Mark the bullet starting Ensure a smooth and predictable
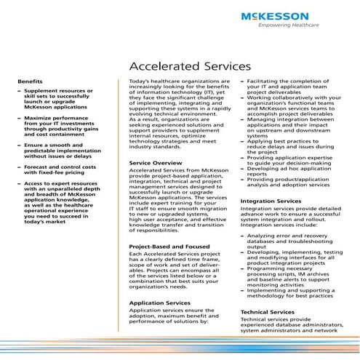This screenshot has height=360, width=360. click(55, 150)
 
